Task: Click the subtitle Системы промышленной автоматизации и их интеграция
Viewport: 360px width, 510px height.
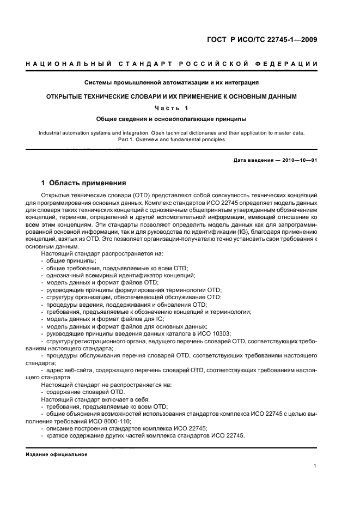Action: tap(172, 83)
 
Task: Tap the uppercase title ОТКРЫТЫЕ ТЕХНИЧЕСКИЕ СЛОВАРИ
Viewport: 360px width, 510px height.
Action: tap(172, 96)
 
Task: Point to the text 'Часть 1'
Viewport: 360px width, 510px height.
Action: tap(172, 107)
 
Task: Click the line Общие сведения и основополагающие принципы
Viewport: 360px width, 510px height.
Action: tap(172, 118)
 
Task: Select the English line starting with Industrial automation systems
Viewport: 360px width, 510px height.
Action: tap(172, 132)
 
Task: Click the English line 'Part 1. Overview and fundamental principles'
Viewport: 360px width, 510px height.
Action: tap(172, 139)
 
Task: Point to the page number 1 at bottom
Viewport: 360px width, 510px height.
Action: tap(315, 466)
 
